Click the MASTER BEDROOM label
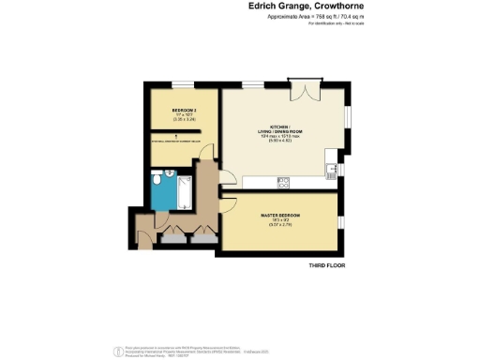pos(278,216)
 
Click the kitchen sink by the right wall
pos(333,170)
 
